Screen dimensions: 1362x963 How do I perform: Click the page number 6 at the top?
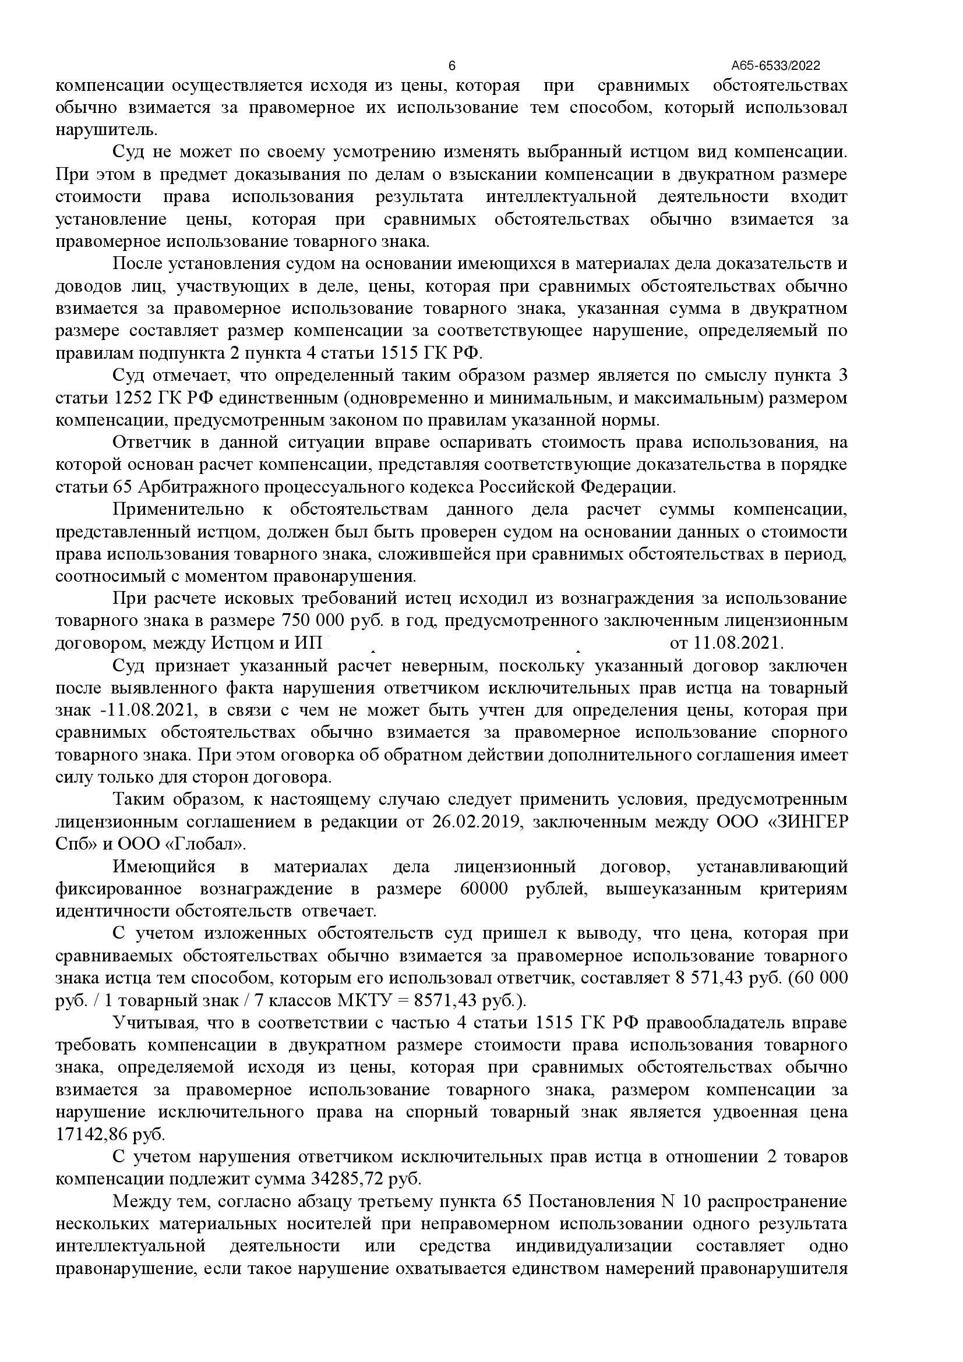452,65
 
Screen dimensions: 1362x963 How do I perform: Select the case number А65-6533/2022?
775,66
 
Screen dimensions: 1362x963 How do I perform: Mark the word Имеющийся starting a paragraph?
164,867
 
